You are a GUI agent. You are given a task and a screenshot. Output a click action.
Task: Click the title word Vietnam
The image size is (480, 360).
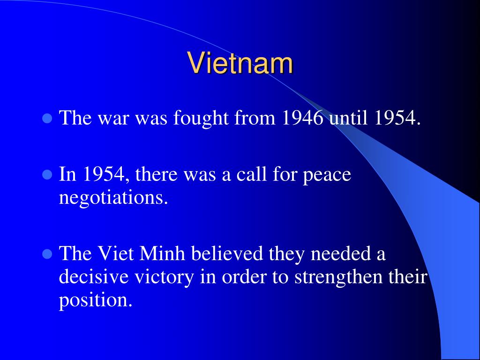coord(240,63)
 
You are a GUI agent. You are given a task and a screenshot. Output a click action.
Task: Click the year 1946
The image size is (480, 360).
coord(302,117)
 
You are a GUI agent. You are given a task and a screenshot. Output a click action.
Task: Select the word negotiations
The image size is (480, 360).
coord(113,198)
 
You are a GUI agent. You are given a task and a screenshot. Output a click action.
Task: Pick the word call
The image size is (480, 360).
coord(252,174)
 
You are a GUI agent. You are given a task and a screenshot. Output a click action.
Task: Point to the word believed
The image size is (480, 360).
coord(227,253)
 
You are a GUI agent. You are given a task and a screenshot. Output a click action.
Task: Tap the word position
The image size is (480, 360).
coord(96,301)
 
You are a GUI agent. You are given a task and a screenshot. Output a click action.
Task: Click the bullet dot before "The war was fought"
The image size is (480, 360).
coord(47,118)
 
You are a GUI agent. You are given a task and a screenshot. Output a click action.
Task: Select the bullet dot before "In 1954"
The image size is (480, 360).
coord(47,174)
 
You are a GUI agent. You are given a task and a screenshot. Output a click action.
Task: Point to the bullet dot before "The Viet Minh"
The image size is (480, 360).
coord(47,254)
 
